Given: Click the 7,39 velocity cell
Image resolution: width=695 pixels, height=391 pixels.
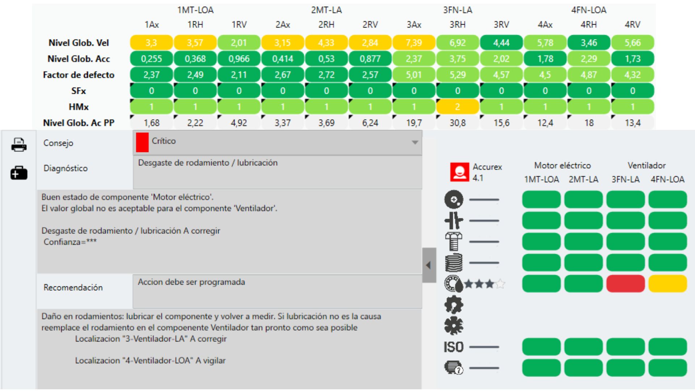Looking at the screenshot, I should coord(414,43).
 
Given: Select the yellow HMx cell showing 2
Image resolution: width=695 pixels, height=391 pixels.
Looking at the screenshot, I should coord(458,107).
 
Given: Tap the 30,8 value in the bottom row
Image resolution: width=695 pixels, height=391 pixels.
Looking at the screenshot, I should coord(458,123).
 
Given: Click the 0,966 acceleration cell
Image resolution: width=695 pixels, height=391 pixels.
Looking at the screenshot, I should coord(239,59).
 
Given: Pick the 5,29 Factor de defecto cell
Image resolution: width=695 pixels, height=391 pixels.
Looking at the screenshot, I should coord(458,75).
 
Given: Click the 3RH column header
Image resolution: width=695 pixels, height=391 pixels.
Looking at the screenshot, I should coord(458,25).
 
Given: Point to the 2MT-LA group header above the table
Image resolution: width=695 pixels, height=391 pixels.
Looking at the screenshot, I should coord(326,10).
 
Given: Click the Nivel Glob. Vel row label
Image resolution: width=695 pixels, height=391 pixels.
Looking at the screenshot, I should coord(79,43).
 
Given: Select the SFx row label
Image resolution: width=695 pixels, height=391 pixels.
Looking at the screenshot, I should coord(79,91).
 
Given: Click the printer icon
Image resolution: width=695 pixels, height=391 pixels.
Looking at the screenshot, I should coord(19,144).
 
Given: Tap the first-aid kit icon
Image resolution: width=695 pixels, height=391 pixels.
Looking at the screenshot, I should coord(19,173).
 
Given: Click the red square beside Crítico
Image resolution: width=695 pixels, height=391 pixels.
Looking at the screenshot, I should coord(142,142).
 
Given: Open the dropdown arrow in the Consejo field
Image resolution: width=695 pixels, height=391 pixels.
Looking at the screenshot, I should coord(415,142).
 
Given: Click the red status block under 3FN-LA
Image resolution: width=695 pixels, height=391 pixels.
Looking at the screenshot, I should coord(625,283).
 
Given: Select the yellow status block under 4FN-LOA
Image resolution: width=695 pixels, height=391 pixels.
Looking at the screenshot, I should coord(667,283).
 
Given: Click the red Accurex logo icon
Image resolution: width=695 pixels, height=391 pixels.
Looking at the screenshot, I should coord(459,172).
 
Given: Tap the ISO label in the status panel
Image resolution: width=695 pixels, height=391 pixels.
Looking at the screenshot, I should coord(454,347).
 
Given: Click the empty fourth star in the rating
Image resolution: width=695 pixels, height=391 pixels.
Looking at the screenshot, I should coord(500,284).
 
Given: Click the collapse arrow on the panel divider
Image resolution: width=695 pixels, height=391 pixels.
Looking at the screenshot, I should coord(429,265).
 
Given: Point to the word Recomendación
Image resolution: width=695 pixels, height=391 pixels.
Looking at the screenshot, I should coord(73,287).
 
